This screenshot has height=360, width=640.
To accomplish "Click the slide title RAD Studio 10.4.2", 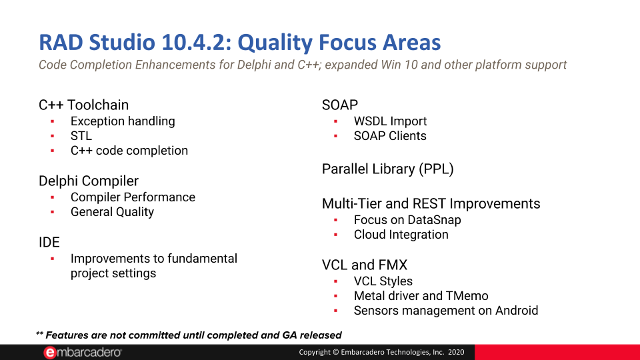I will (x=240, y=43).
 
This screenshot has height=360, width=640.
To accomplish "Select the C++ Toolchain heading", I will (x=83, y=105).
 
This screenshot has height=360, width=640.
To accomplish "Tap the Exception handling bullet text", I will (x=123, y=121).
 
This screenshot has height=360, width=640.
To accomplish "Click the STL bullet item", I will (x=81, y=136).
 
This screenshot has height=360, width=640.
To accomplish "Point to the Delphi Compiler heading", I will (x=89, y=181).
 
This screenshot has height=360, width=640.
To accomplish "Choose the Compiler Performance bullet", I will (x=133, y=197).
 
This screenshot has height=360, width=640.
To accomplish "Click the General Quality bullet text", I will (x=112, y=212).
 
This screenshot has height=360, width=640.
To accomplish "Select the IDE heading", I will (x=49, y=242).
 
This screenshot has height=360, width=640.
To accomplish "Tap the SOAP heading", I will (x=340, y=105).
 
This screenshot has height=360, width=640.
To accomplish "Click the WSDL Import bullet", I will (x=390, y=121).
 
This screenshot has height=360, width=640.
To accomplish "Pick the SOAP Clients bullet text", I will (x=390, y=136).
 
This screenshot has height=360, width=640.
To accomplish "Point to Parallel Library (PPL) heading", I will (x=387, y=169).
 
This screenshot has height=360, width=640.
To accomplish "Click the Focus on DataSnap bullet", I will (x=407, y=220).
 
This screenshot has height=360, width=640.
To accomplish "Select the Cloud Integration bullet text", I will (x=401, y=235).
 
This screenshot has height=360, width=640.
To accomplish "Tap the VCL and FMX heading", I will (x=364, y=265).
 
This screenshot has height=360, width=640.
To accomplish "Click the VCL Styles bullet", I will (x=383, y=281).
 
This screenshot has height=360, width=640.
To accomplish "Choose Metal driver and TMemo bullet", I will (x=421, y=296).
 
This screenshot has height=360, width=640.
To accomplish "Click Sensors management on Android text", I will (x=445, y=311).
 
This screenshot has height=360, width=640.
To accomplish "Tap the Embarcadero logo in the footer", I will (x=83, y=352).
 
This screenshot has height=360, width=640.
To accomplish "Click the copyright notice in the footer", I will (x=382, y=352).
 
